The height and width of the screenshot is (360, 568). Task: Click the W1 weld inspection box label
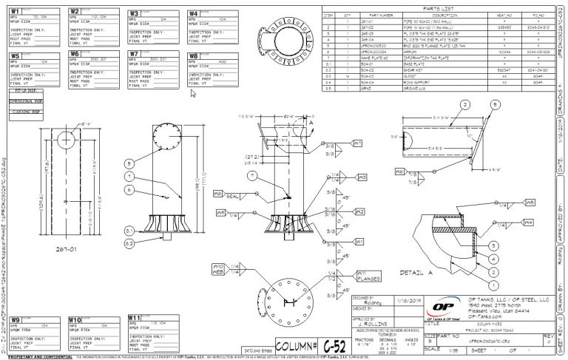point(16,13)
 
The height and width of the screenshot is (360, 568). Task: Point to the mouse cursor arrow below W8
point(193,93)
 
